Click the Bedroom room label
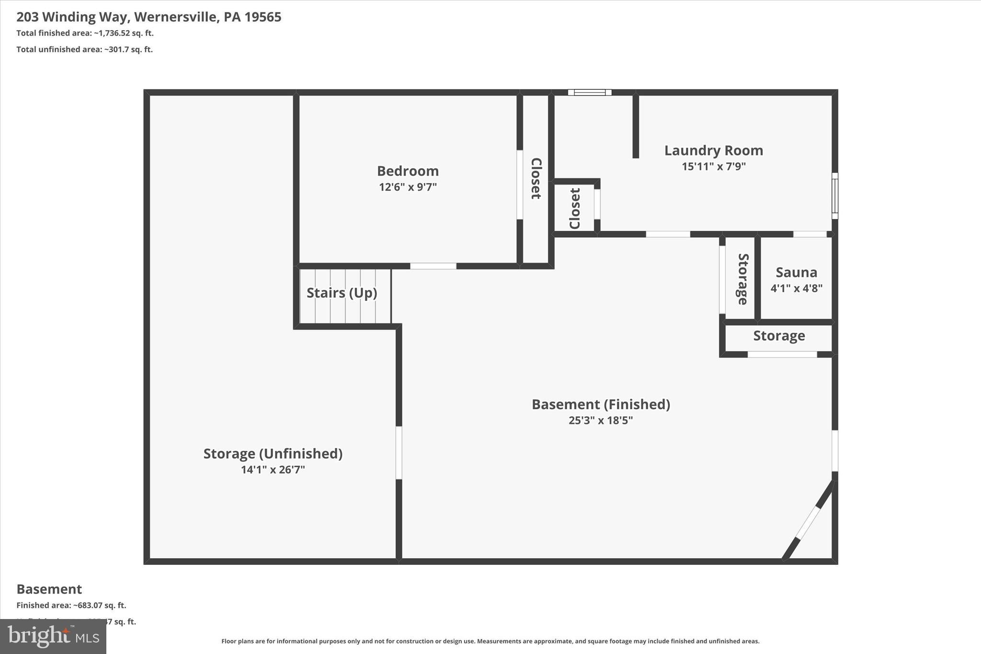click(408, 171)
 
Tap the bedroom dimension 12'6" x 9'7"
click(408, 187)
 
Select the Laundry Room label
click(713, 150)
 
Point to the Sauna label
click(796, 272)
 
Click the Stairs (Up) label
click(342, 293)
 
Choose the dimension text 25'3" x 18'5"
click(601, 420)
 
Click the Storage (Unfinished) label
click(273, 453)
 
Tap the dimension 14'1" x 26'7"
click(273, 470)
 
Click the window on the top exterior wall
click(590, 92)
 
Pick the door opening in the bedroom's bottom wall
click(433, 266)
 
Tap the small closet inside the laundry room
click(575, 208)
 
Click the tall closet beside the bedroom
click(536, 179)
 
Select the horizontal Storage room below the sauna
click(779, 336)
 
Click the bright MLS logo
click(53, 636)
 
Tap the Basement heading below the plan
click(49, 589)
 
